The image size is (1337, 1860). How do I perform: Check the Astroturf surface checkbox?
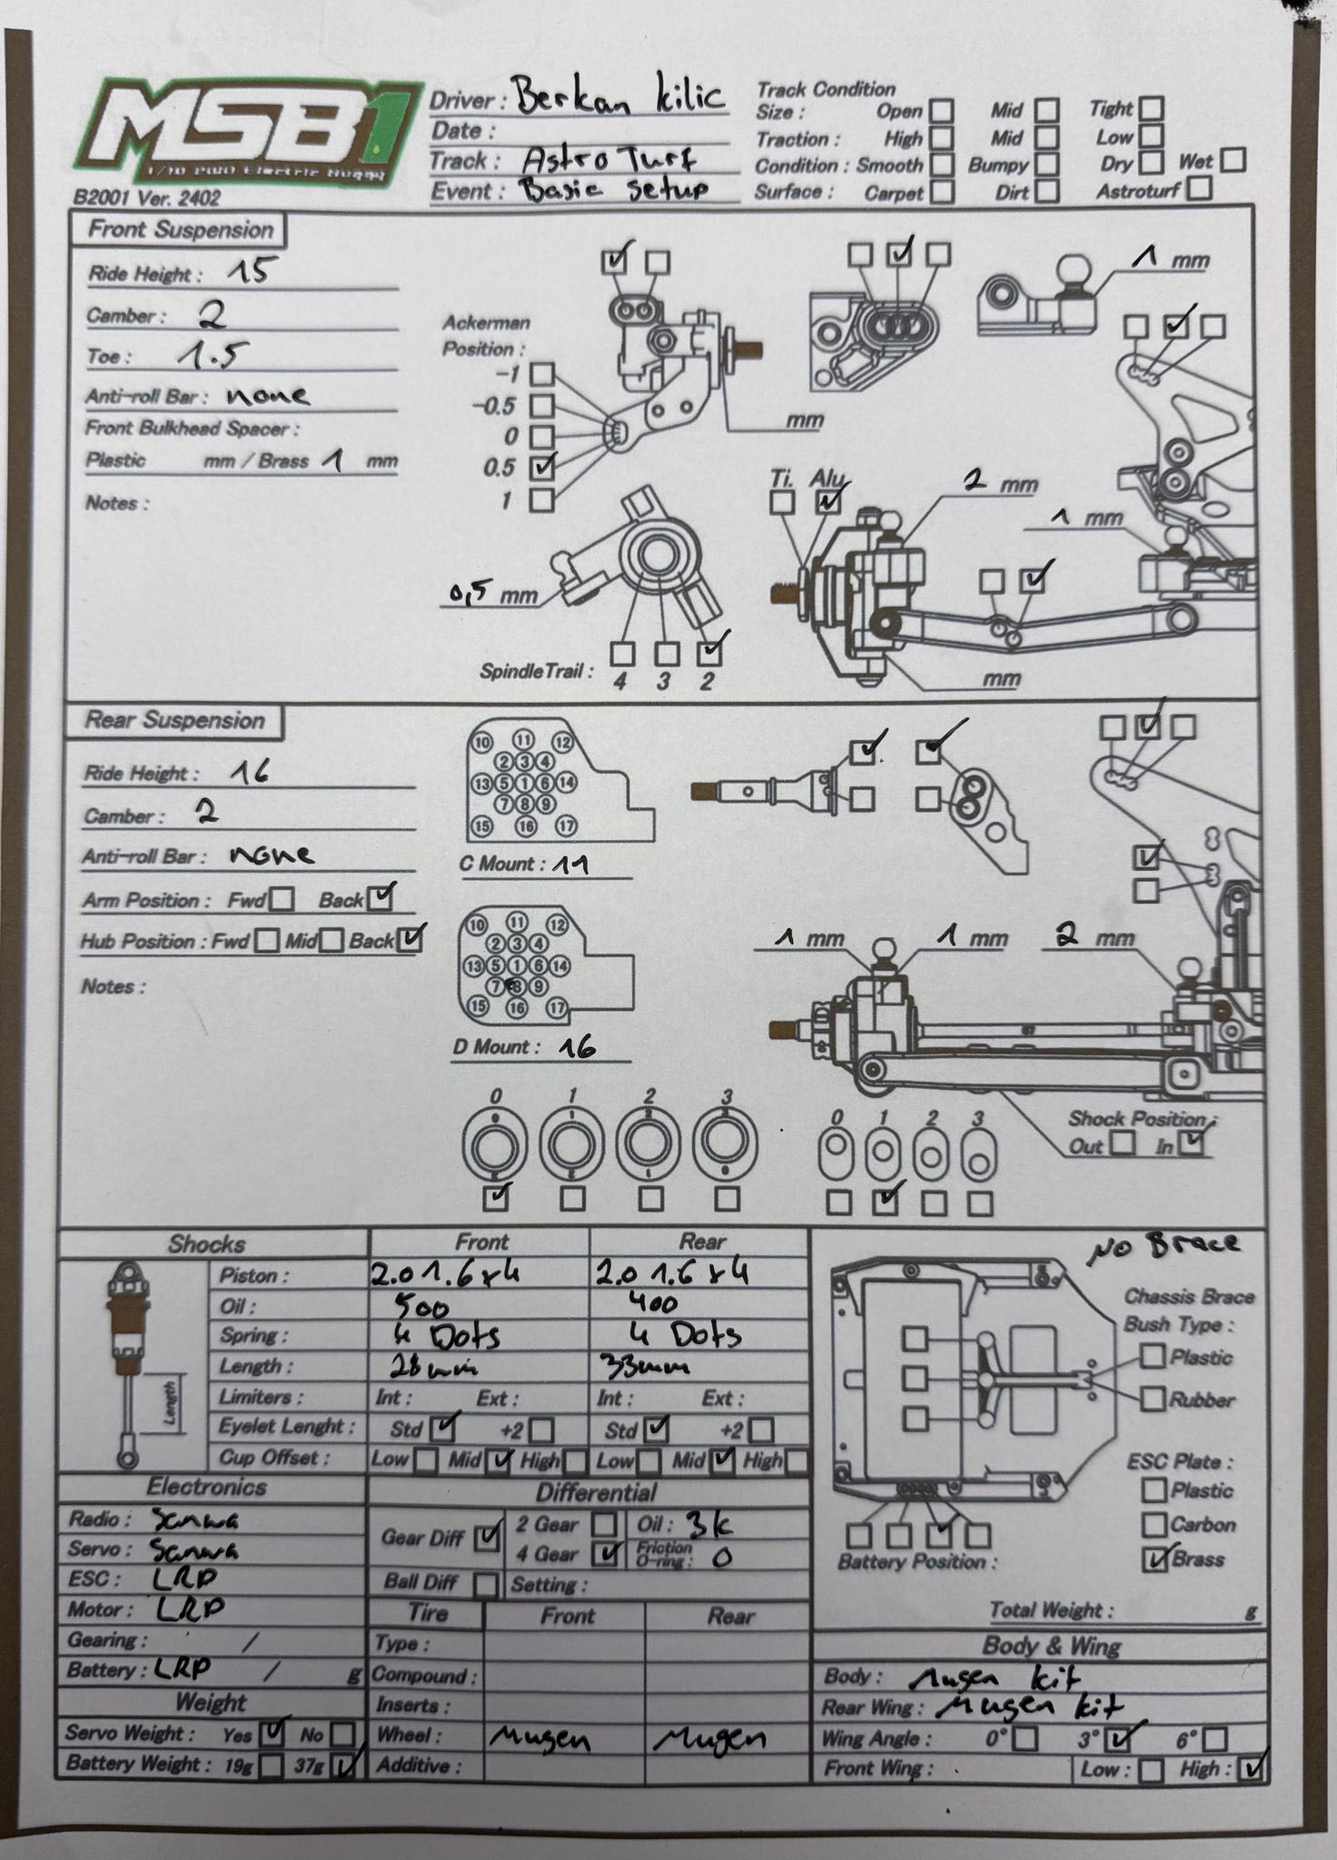[1199, 189]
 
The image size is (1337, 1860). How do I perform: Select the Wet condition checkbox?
[1233, 161]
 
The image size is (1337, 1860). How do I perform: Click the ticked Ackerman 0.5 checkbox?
[542, 467]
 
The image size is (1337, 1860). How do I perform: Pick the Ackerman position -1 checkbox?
[542, 374]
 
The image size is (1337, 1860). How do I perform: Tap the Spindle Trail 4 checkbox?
[622, 653]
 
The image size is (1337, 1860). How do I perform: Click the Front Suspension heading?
[180, 230]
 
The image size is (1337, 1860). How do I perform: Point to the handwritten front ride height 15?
[247, 271]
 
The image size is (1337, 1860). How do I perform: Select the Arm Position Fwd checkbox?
[282, 900]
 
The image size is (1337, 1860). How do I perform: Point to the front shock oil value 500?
[421, 1306]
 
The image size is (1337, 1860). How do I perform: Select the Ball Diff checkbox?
[486, 1585]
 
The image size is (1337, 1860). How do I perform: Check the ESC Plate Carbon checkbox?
[1154, 1525]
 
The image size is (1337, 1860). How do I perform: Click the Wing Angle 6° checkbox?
[1214, 1739]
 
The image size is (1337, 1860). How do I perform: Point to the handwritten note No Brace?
[1164, 1246]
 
